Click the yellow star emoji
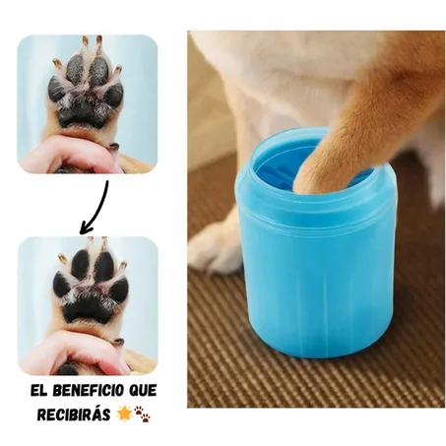[x=125, y=412]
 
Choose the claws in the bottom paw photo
[x=89, y=245]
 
